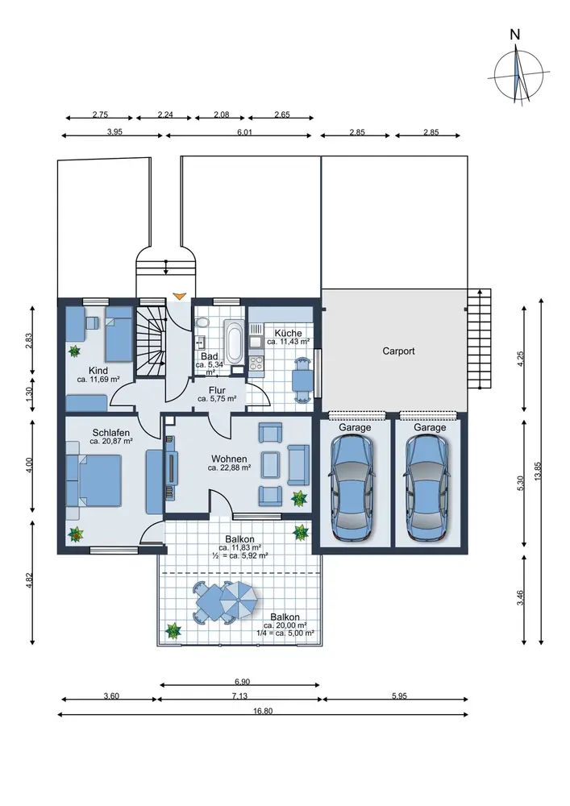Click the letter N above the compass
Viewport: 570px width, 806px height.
point(514,35)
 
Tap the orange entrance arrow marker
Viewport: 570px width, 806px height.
point(179,296)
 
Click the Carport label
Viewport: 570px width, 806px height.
point(398,351)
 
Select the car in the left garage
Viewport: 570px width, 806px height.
point(353,488)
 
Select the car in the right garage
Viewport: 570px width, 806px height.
point(427,488)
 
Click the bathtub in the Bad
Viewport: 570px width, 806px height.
point(233,341)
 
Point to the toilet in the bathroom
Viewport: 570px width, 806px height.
point(203,322)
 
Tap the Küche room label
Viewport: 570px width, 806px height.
point(288,333)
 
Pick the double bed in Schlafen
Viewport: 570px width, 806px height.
point(94,480)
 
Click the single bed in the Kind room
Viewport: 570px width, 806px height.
point(119,334)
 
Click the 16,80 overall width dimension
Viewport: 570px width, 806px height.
point(263,712)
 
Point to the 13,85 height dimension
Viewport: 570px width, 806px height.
point(538,471)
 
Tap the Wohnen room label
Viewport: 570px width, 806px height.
point(229,459)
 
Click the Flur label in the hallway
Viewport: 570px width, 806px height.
point(217,390)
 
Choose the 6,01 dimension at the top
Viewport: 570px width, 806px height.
point(244,133)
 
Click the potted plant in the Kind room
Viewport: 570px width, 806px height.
point(75,351)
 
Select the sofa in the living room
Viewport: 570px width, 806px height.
point(298,465)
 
